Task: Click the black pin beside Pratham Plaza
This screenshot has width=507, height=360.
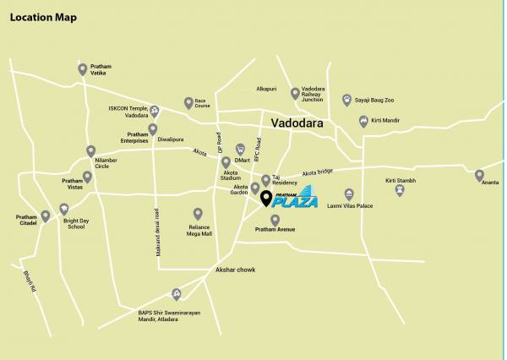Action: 266,199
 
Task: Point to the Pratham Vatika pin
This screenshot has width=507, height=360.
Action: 82,69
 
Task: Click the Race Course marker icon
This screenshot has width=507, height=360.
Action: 188,103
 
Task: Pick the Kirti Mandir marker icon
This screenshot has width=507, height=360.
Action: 363,121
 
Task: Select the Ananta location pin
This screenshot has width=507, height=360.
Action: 479,176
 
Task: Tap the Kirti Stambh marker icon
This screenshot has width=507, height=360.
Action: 400,190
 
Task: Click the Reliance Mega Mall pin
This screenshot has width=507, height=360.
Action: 198,214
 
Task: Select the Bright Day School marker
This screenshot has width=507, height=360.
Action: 66,209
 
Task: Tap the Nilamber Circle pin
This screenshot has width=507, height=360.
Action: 90,152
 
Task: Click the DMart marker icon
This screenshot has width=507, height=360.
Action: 240,148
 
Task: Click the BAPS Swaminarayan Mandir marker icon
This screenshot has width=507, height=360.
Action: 177,294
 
